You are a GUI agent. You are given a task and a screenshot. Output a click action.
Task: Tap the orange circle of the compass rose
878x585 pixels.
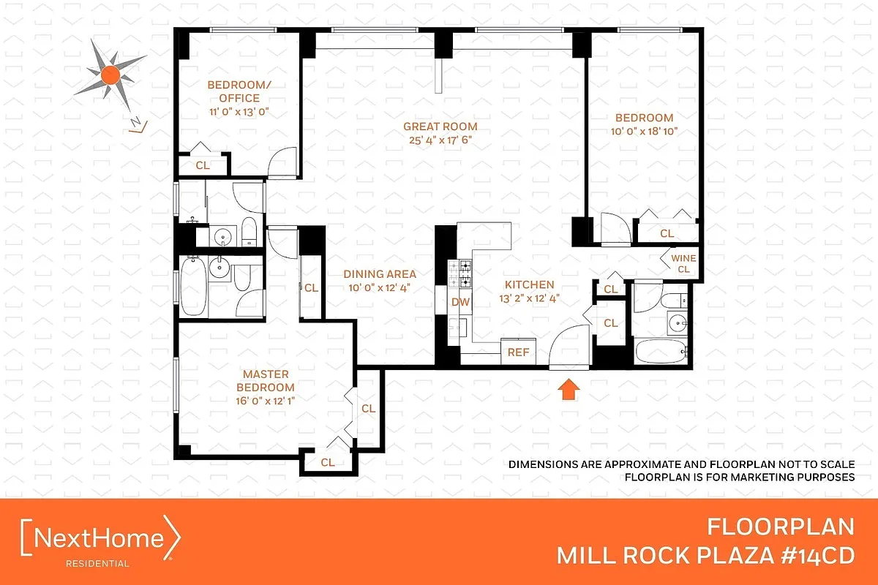pyautogui.click(x=110, y=73)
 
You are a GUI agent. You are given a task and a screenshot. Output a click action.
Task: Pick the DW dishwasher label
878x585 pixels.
pyautogui.click(x=459, y=301)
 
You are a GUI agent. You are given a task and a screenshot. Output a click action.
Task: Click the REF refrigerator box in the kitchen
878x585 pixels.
pyautogui.click(x=518, y=352)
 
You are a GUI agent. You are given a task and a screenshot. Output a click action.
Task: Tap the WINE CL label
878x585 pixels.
pyautogui.click(x=683, y=263)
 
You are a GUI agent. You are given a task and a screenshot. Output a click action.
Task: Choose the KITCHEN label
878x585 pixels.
pyautogui.click(x=530, y=284)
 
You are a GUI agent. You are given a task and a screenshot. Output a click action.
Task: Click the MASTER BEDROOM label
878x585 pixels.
pyautogui.click(x=269, y=380)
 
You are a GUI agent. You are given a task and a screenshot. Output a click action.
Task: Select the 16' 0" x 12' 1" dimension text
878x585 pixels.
pyautogui.click(x=269, y=400)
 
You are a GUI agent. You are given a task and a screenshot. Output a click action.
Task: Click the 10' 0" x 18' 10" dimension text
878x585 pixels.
pyautogui.click(x=644, y=132)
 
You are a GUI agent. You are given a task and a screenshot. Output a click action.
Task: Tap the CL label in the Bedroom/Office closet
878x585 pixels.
pyautogui.click(x=203, y=165)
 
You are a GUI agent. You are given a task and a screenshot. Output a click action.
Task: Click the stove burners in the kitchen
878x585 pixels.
pyautogui.click(x=463, y=273)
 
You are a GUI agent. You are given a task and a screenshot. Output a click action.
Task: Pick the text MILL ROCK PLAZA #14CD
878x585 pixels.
pyautogui.click(x=705, y=555)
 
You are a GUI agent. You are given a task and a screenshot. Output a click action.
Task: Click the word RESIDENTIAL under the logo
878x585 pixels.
pyautogui.click(x=98, y=564)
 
